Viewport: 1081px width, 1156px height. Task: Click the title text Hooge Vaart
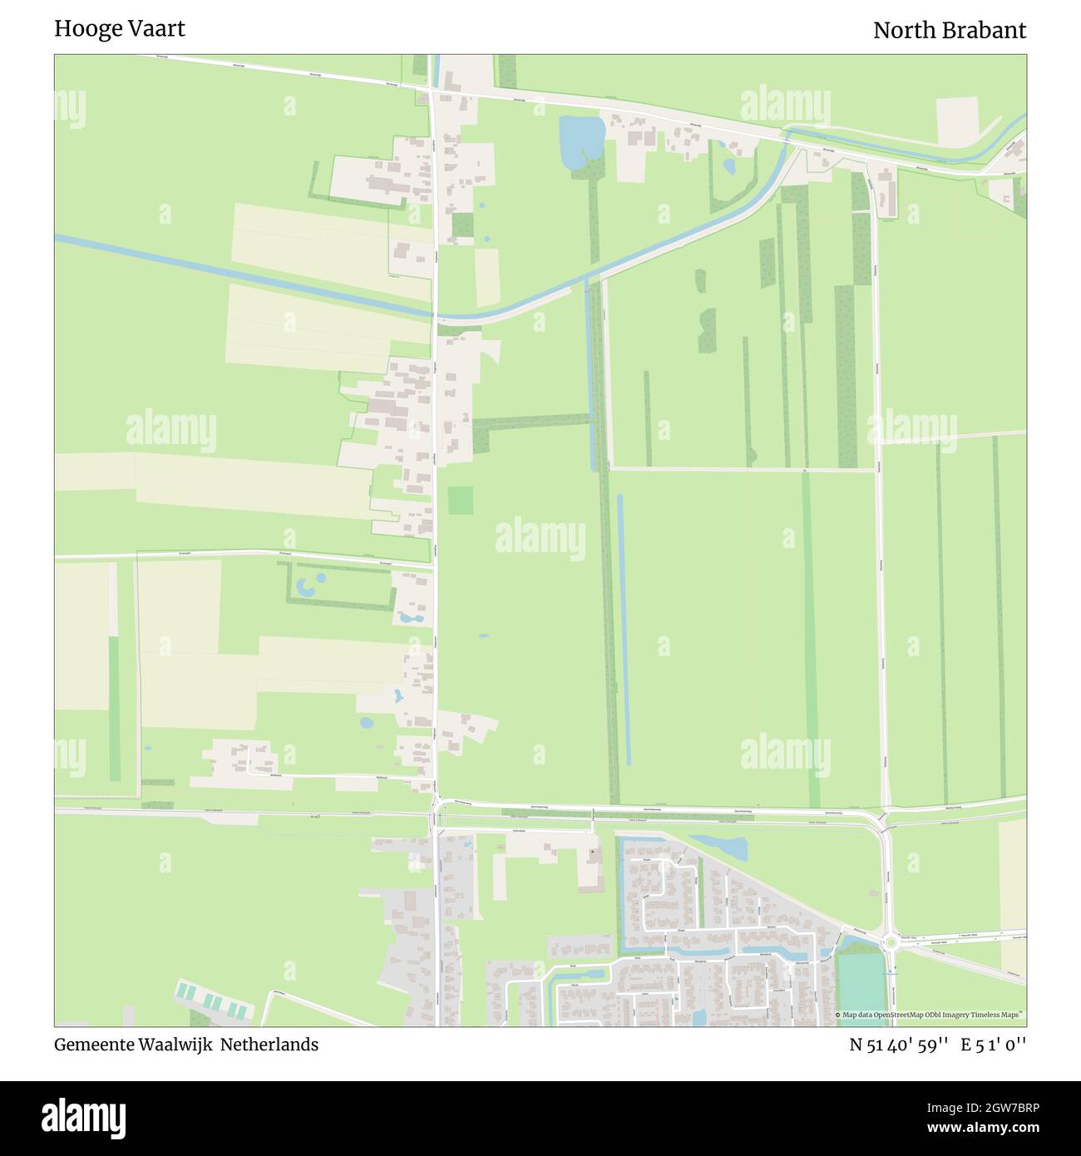pos(120,28)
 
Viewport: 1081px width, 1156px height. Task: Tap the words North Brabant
pos(949,31)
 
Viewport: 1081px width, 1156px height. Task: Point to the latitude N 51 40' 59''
pos(899,1045)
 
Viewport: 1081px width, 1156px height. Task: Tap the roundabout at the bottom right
pos(891,942)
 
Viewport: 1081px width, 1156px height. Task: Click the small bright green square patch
pos(460,501)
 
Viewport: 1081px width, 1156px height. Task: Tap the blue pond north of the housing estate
pos(720,847)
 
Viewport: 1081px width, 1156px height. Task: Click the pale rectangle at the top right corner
pos(957,120)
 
